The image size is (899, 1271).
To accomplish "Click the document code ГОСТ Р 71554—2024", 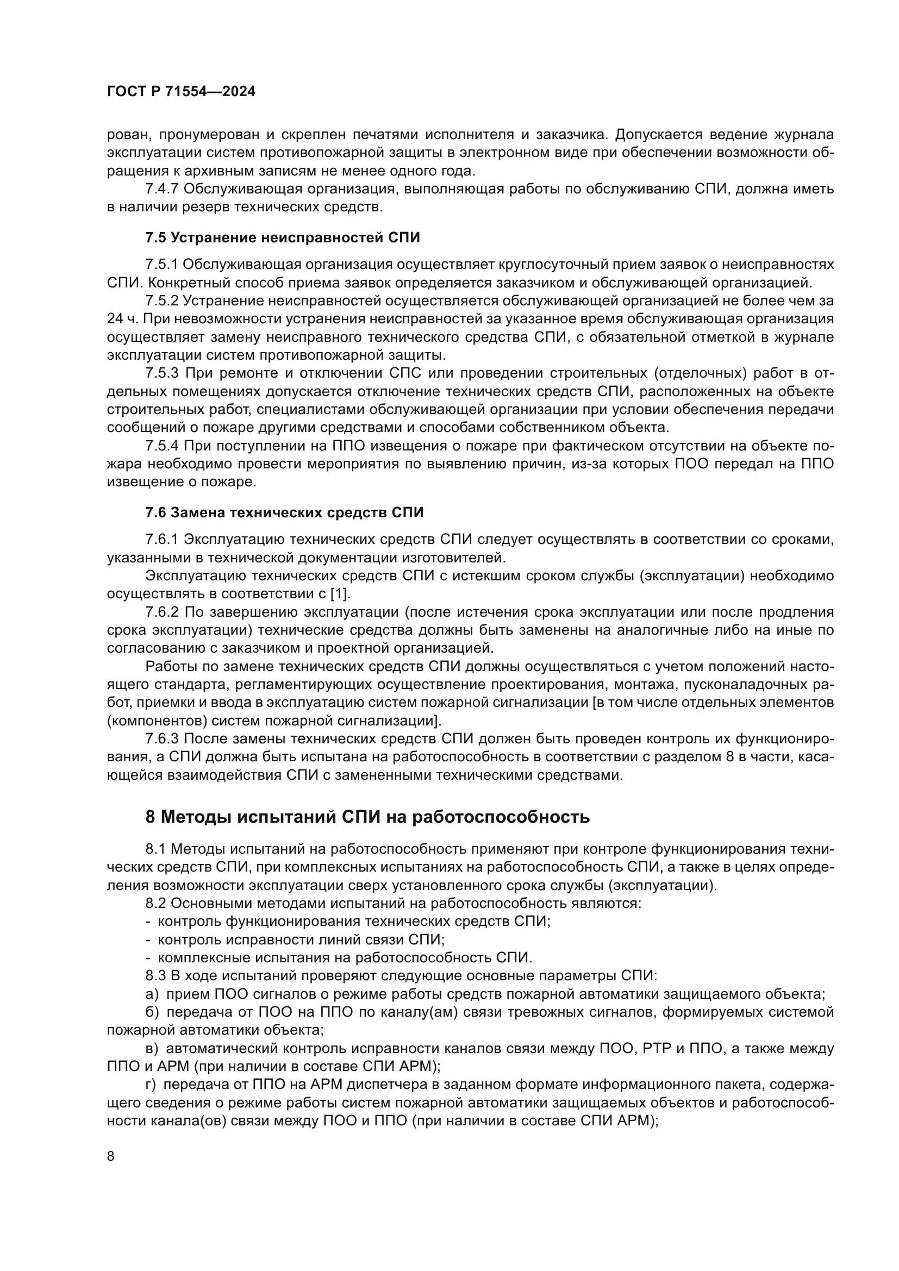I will click(x=181, y=92).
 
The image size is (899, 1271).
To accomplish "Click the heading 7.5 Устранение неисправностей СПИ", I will click(x=282, y=238).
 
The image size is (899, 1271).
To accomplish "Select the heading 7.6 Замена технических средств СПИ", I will click(x=284, y=512).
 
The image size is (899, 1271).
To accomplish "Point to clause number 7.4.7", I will click(x=161, y=189).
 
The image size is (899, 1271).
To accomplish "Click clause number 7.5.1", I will click(x=161, y=265).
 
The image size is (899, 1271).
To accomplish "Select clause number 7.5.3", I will click(x=161, y=373).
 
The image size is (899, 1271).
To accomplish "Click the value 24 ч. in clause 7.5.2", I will click(x=124, y=320).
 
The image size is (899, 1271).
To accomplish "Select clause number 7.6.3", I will click(x=161, y=738).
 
